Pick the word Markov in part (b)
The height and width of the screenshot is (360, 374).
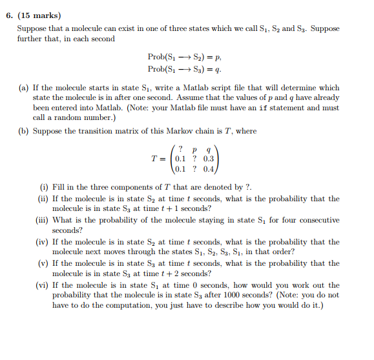[x=174, y=131]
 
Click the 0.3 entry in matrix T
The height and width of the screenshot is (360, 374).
[x=208, y=158]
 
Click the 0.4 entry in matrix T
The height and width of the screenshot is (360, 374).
[x=208, y=169]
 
